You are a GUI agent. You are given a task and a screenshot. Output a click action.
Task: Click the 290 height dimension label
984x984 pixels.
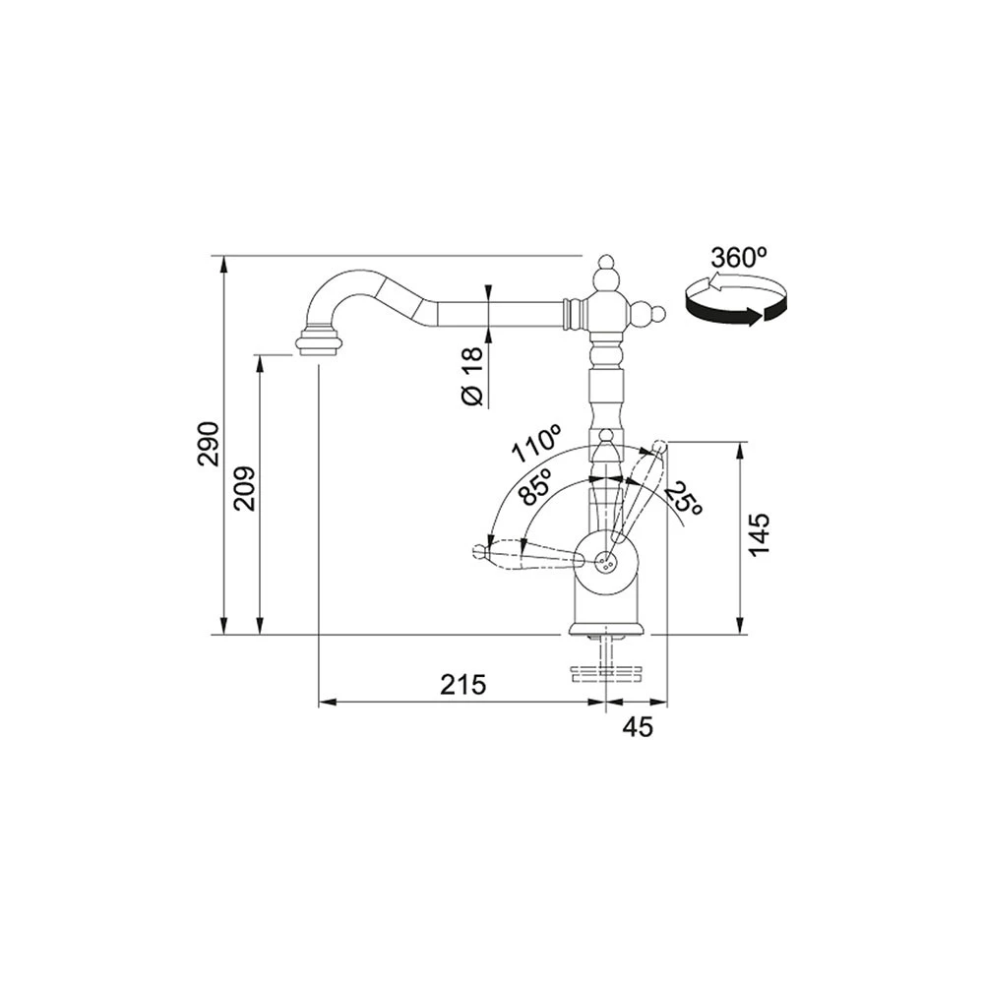(x=209, y=444)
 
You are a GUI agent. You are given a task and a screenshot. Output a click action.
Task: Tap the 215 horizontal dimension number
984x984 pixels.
(x=463, y=684)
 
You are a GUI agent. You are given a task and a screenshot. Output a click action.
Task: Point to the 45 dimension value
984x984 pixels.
(x=638, y=727)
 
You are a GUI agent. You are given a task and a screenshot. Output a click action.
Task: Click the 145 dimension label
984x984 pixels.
(x=760, y=534)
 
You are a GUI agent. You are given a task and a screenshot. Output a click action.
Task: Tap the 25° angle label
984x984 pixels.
(x=683, y=500)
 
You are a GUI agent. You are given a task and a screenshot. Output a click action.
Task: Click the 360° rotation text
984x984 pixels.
(x=739, y=257)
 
